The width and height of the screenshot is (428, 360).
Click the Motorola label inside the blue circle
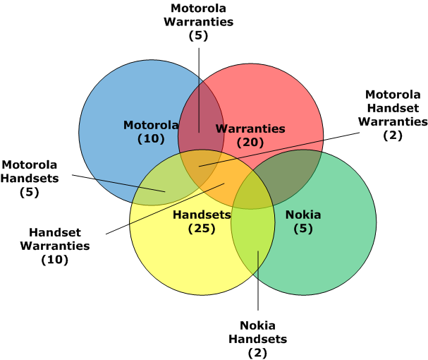[151, 126]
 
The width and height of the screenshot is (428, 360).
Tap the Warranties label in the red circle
[250, 128]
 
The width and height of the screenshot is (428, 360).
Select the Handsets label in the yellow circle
[202, 215]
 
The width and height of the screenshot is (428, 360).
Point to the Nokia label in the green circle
[303, 215]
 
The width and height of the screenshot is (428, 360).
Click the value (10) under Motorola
[151, 139]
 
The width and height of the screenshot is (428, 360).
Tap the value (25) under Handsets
[202, 228]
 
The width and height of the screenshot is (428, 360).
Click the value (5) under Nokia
[303, 228]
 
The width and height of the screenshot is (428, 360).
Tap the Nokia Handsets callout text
[257, 332]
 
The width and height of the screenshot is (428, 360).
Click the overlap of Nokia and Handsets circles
[251, 233]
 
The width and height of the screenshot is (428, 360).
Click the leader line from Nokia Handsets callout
[257, 282]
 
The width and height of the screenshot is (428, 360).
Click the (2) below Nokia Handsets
[257, 352]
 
